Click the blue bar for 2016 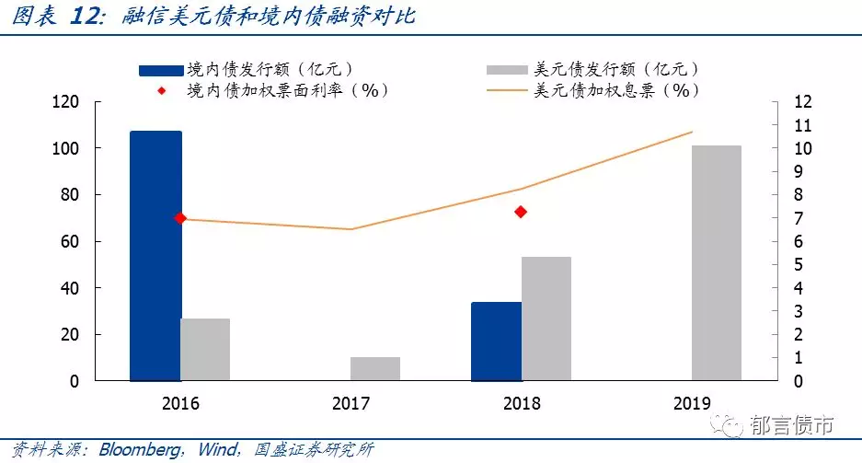(155, 256)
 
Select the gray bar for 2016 (205, 350)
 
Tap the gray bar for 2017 (375, 369)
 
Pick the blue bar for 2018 (497, 341)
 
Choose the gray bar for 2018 (546, 318)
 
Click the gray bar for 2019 (717, 263)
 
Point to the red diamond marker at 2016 (180, 218)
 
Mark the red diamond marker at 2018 (521, 212)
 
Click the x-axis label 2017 (351, 403)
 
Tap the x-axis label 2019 (692, 403)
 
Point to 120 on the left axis (65, 102)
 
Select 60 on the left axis (70, 241)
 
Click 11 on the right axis (802, 125)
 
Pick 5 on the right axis (799, 265)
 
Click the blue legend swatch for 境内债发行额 (161, 70)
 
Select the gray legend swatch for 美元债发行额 (507, 70)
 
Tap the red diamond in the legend (162, 91)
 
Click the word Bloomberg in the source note (140, 450)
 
